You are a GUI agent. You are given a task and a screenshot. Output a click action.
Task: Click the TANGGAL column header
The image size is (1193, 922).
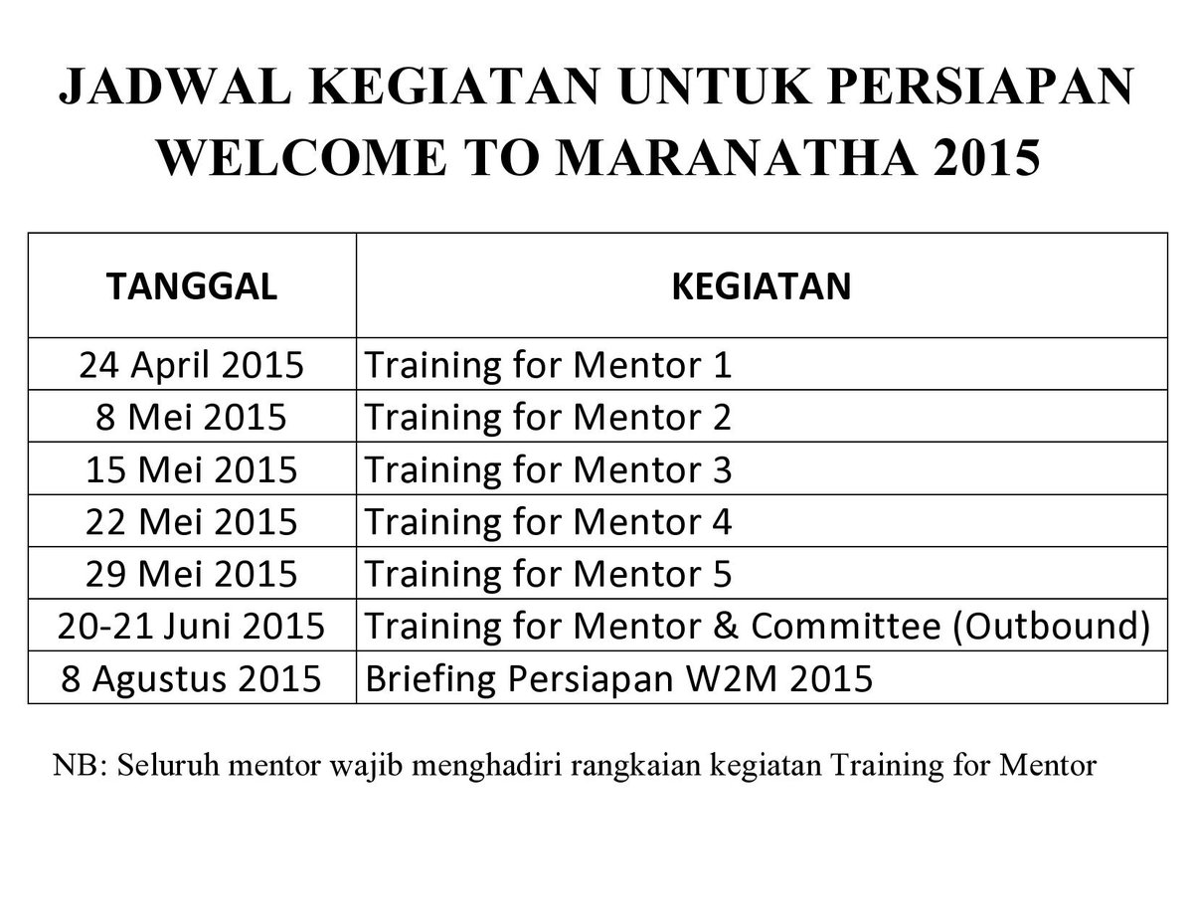191,286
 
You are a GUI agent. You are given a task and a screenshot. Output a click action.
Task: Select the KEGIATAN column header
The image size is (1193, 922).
762,286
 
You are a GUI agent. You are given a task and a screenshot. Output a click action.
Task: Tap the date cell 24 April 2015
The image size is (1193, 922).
191,365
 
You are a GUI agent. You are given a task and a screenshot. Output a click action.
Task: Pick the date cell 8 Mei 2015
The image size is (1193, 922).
191,417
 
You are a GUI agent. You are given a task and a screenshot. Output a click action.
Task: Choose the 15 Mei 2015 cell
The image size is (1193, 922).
191,469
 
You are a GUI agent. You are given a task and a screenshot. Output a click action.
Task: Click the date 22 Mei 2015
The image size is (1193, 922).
191,521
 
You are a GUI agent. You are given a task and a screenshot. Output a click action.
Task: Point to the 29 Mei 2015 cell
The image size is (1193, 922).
191,574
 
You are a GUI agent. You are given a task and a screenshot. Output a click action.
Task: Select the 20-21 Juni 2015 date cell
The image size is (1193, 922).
191,626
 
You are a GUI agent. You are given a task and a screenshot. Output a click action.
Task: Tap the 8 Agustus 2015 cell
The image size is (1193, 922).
191,678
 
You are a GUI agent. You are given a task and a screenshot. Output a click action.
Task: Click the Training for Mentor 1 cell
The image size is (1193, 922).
549,365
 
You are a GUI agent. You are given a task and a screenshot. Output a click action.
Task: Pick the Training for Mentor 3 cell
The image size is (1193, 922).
549,469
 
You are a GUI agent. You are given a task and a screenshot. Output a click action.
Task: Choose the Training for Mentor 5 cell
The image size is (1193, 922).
549,574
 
